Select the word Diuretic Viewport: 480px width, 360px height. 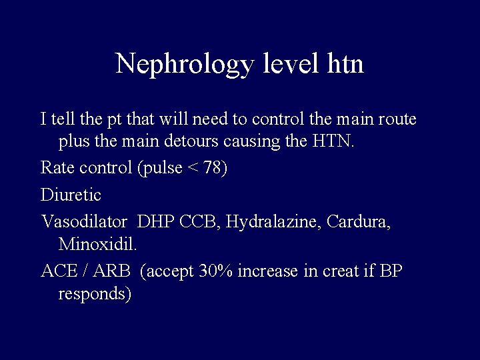(x=71, y=195)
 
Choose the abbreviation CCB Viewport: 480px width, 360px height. (x=200, y=221)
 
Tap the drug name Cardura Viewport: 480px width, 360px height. (x=360, y=221)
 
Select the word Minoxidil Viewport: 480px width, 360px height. (x=97, y=244)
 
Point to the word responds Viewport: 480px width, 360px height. (x=94, y=294)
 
